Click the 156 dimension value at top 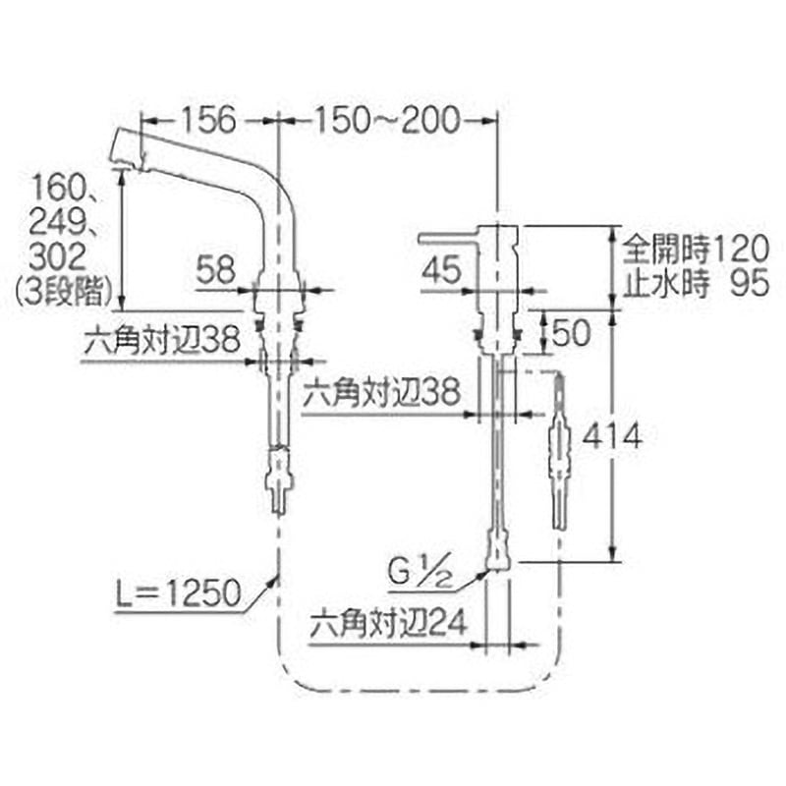pos(207,120)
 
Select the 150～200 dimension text pos(386,120)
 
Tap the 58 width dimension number pos(216,268)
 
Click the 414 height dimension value pos(611,435)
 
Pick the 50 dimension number pos(571,332)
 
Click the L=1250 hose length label pos(178,593)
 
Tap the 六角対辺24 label pos(388,623)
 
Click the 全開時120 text pos(696,249)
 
